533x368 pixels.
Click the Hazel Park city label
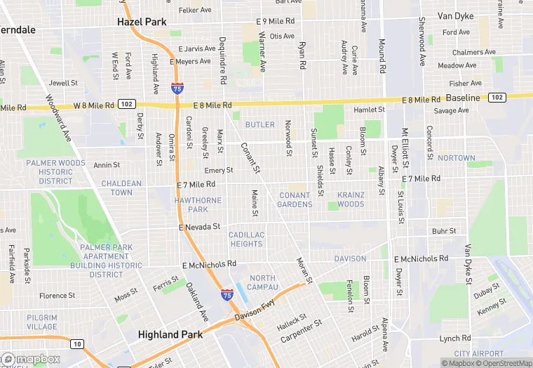(x=142, y=22)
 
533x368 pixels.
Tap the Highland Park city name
(x=170, y=334)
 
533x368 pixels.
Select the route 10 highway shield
(x=77, y=343)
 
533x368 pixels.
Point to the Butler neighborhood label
(x=259, y=124)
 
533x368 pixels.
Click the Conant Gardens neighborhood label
(x=295, y=199)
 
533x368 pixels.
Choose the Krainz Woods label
(x=351, y=199)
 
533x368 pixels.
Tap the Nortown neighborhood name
(x=456, y=158)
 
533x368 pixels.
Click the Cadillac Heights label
(x=246, y=239)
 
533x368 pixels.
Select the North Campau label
(x=263, y=282)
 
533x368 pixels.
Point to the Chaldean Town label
(x=121, y=188)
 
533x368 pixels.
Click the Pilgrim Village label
(x=42, y=322)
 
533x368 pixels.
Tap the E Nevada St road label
(x=200, y=227)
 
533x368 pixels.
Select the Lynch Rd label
(x=455, y=339)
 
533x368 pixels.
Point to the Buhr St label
(x=444, y=230)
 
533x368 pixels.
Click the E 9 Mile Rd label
(x=276, y=22)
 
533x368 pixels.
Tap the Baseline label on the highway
(x=463, y=98)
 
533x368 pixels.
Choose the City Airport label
(x=479, y=353)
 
